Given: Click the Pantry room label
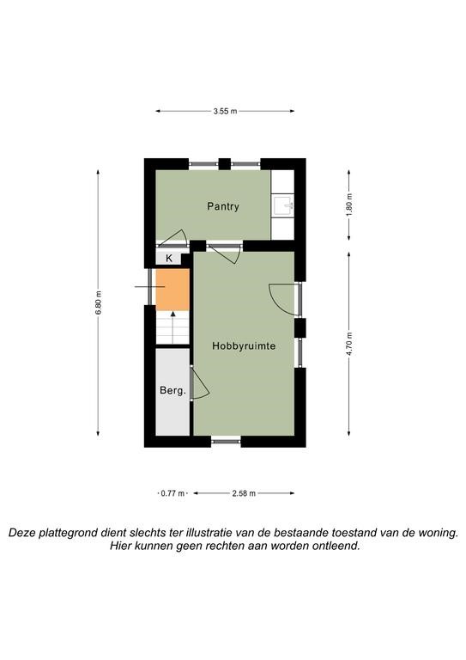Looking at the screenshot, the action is pyautogui.click(x=223, y=206).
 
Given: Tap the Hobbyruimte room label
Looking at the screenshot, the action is pyautogui.click(x=244, y=346).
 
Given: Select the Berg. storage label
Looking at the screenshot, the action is pyautogui.click(x=172, y=391).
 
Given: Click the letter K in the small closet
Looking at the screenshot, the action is pyautogui.click(x=169, y=259).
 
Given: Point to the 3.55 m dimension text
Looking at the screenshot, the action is pyautogui.click(x=225, y=111).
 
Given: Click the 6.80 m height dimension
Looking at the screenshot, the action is pyautogui.click(x=99, y=302).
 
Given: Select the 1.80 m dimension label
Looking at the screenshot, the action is pyautogui.click(x=348, y=205).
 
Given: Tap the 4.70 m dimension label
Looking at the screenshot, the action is pyautogui.click(x=348, y=344).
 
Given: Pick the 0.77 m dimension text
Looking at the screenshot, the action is pyautogui.click(x=172, y=493).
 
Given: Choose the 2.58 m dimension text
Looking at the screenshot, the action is pyautogui.click(x=244, y=493).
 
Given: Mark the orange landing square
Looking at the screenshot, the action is pyautogui.click(x=172, y=289).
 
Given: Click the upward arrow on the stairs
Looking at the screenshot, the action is pyautogui.click(x=172, y=327).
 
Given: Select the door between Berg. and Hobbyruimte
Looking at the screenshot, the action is pyautogui.click(x=200, y=383).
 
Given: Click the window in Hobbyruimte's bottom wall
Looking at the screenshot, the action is pyautogui.click(x=226, y=441).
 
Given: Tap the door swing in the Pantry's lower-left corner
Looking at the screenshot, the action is pyautogui.click(x=172, y=238).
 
